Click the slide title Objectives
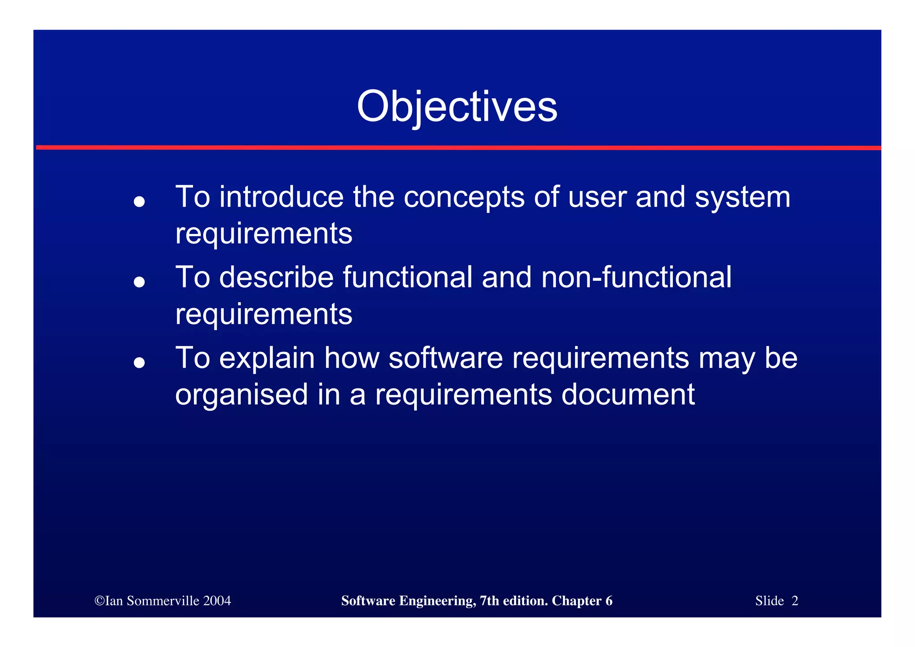tap(457, 106)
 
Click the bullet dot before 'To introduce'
tap(139, 202)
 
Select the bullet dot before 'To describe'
tap(139, 282)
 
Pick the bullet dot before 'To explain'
tap(139, 363)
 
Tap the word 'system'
tap(742, 198)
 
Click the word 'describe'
tap(277, 277)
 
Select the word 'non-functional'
tap(636, 277)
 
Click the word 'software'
tap(445, 358)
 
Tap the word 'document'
tap(628, 394)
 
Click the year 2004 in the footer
tap(217, 600)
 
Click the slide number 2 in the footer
tap(794, 600)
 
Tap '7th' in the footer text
tap(489, 600)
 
